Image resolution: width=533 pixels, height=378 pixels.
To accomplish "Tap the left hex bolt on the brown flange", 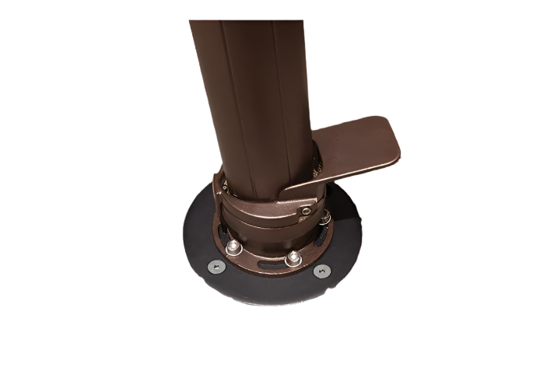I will pyautogui.click(x=233, y=247).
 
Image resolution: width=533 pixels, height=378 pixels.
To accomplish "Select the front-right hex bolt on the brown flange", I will pyautogui.click(x=293, y=257).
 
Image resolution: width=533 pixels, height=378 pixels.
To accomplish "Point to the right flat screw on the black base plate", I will pyautogui.click(x=320, y=271).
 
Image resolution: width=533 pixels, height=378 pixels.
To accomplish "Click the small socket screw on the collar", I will pyautogui.click(x=309, y=212).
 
